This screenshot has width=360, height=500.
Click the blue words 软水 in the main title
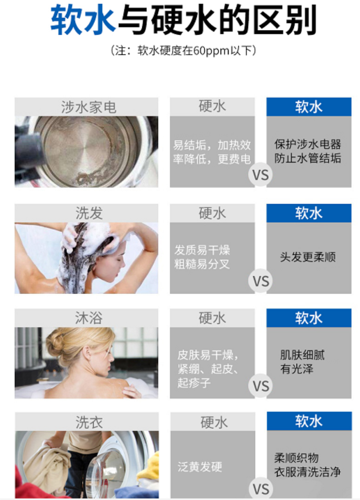click(x=83, y=20)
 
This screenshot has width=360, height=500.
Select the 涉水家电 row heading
click(x=88, y=107)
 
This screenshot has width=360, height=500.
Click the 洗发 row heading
click(x=89, y=213)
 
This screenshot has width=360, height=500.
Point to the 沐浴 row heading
click(x=89, y=318)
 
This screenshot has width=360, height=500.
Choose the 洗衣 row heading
click(x=89, y=422)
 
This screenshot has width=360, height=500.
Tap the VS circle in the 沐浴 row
click(x=261, y=386)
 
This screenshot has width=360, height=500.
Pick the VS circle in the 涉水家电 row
click(x=261, y=174)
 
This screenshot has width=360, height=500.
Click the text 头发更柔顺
click(x=308, y=257)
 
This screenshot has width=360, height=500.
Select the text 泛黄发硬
click(x=200, y=467)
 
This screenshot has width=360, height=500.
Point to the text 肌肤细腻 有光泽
click(x=302, y=362)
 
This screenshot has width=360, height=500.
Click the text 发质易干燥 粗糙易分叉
click(x=202, y=257)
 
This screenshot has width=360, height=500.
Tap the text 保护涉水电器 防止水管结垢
click(x=308, y=152)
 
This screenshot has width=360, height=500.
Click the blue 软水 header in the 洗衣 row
click(x=309, y=421)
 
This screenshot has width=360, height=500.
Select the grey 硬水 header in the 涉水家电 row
click(x=212, y=107)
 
